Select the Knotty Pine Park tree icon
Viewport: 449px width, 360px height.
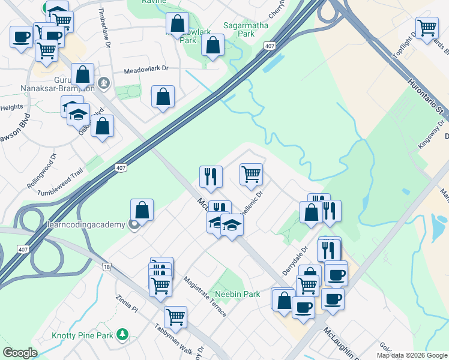[123, 333]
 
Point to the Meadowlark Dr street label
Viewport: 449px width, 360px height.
[146, 69]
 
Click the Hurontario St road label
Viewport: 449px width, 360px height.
[424, 95]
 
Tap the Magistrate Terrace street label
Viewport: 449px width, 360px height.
[205, 296]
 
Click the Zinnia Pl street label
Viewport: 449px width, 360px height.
[128, 304]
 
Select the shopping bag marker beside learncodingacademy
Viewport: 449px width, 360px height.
[142, 210]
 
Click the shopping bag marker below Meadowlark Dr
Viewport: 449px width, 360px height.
[163, 97]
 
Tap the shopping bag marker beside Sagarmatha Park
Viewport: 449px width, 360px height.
[212, 45]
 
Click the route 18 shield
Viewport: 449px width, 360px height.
[107, 266]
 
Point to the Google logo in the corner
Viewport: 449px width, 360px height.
[20, 353]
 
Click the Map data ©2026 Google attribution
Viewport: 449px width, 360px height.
[412, 355]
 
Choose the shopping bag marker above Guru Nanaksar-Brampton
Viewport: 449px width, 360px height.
[83, 75]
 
